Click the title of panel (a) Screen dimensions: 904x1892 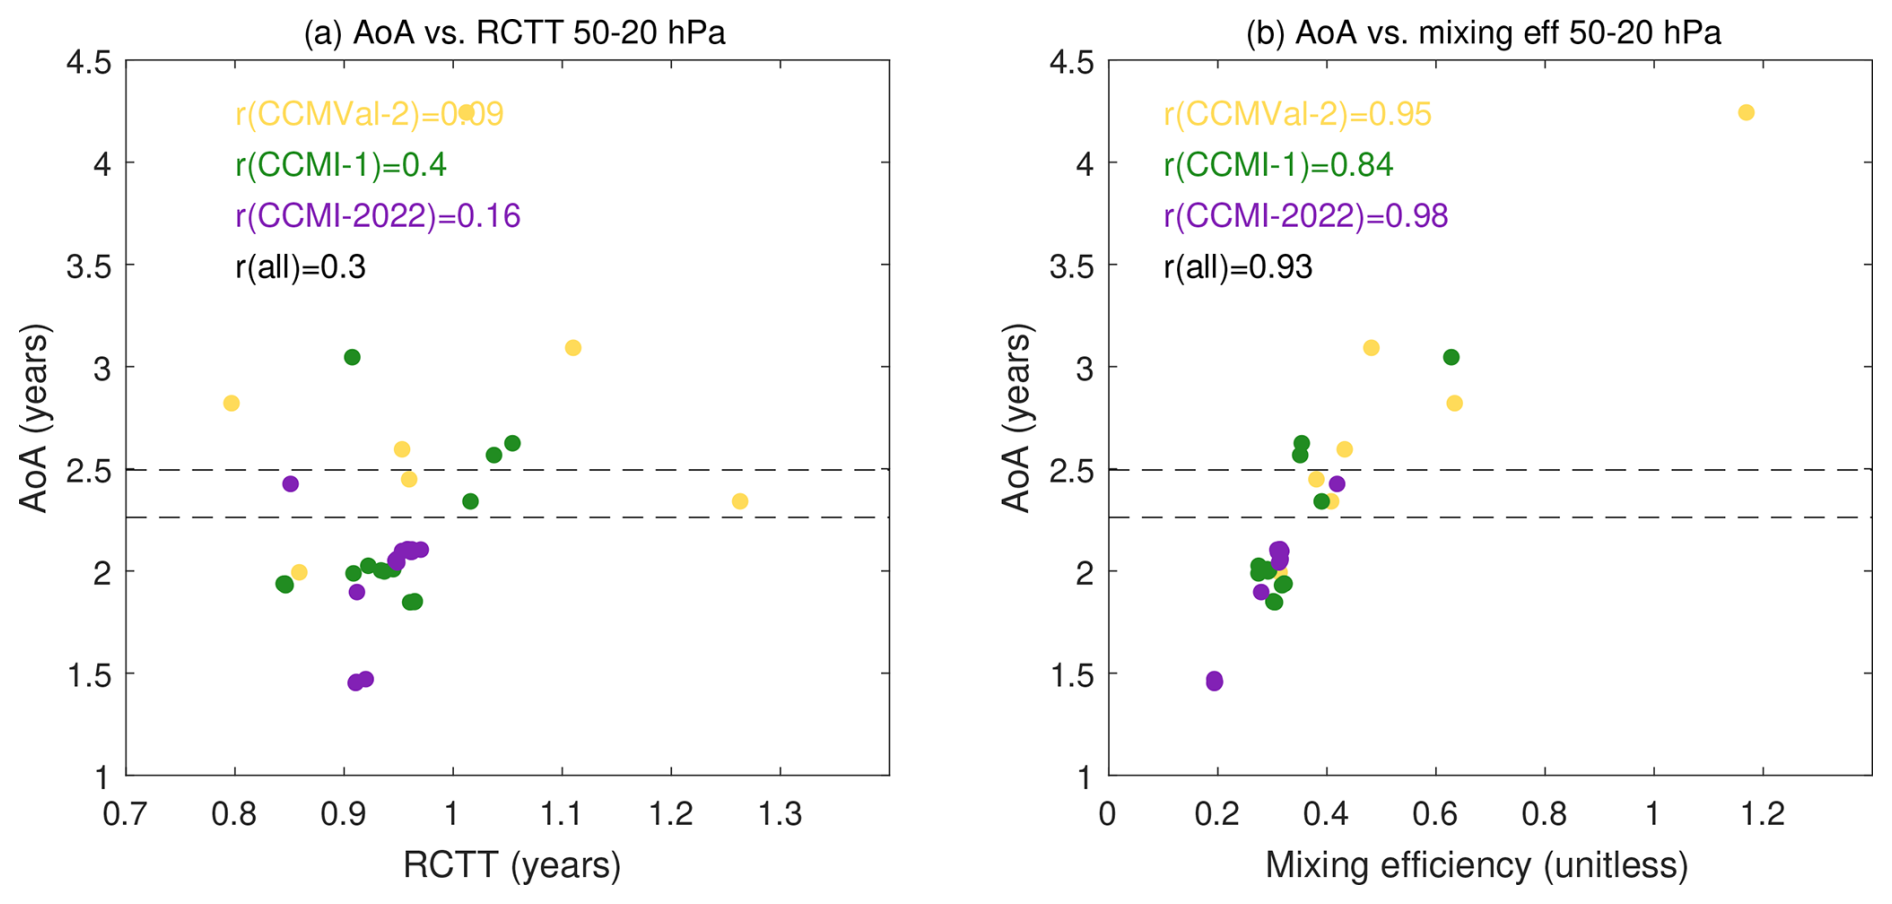pos(514,33)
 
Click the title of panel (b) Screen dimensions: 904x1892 pos(1482,33)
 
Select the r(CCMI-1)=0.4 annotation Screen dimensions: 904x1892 pos(341,165)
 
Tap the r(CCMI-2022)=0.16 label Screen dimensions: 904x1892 pos(378,216)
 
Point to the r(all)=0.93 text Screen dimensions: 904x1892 pos(1238,267)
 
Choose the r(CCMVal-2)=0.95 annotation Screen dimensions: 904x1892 pos(1297,114)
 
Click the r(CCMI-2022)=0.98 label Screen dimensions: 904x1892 pos(1305,216)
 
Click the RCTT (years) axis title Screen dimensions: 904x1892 pos(512,865)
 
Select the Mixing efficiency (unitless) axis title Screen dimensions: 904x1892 pos(1476,865)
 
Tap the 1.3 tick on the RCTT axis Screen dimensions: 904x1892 pos(780,814)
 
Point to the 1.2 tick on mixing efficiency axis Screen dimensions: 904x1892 pos(1763,814)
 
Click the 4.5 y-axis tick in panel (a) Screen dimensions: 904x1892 pos(88,62)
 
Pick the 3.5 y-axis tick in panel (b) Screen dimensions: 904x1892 pos(1071,266)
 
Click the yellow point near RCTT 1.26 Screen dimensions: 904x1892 pos(740,501)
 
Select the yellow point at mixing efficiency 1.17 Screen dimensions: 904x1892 pos(1746,113)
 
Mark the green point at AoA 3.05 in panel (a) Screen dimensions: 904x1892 pos(352,357)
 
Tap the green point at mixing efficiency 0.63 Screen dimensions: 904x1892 pos(1451,357)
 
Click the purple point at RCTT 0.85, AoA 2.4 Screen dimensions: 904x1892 pos(290,484)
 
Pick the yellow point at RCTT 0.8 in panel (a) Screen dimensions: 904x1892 pos(231,403)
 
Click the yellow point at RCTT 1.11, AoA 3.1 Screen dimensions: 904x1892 pos(573,348)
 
